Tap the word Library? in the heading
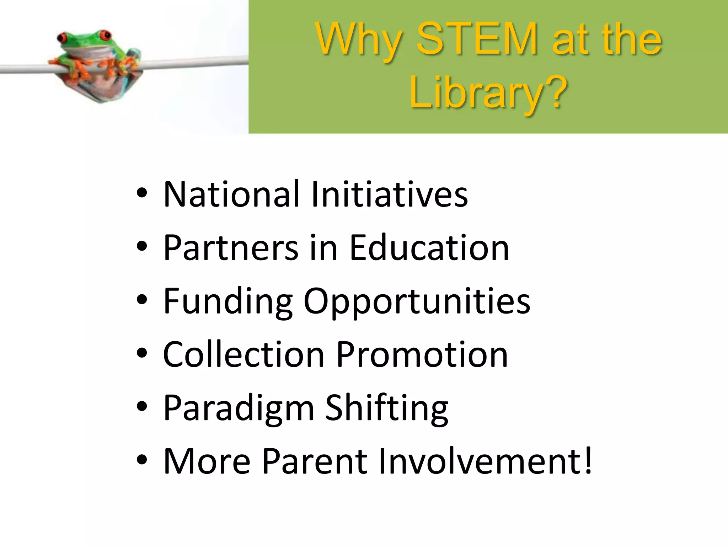[x=488, y=93]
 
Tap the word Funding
[x=228, y=301]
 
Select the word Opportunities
[x=417, y=301]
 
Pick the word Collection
[x=243, y=354]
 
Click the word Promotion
[x=422, y=354]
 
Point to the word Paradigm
[x=239, y=408]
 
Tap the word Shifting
[x=387, y=408]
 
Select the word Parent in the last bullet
[x=315, y=461]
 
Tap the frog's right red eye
[x=105, y=35]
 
